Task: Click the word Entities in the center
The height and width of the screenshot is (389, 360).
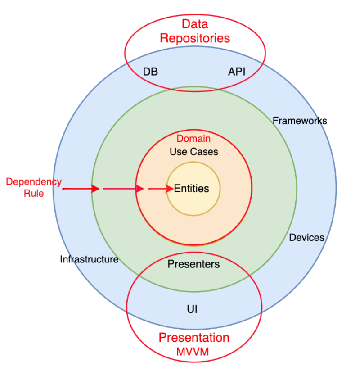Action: tap(192, 189)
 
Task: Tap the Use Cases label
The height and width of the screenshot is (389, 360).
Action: tap(193, 152)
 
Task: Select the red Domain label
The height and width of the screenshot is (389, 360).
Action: tap(193, 139)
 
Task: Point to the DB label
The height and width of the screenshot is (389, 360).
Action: tap(150, 72)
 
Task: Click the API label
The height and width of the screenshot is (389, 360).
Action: tap(237, 72)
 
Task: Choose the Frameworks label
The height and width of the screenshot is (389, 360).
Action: tap(300, 121)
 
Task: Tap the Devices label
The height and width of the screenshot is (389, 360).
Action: tap(306, 237)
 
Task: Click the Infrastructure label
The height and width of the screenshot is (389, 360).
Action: tap(89, 259)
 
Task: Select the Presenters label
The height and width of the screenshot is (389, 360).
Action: tap(193, 264)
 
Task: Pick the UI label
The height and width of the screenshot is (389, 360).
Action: tap(192, 309)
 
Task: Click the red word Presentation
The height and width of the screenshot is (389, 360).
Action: tap(194, 338)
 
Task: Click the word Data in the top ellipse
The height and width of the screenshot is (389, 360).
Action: tap(194, 24)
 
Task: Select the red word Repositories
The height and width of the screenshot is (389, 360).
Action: tap(195, 38)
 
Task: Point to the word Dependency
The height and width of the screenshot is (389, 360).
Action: tap(34, 182)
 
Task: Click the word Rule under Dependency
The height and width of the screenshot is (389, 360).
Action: tap(34, 194)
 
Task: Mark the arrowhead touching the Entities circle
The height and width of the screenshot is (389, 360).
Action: tap(170, 189)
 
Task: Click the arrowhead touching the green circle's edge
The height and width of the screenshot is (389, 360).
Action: tap(95, 189)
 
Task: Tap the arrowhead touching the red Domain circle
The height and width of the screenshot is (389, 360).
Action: tap(140, 189)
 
